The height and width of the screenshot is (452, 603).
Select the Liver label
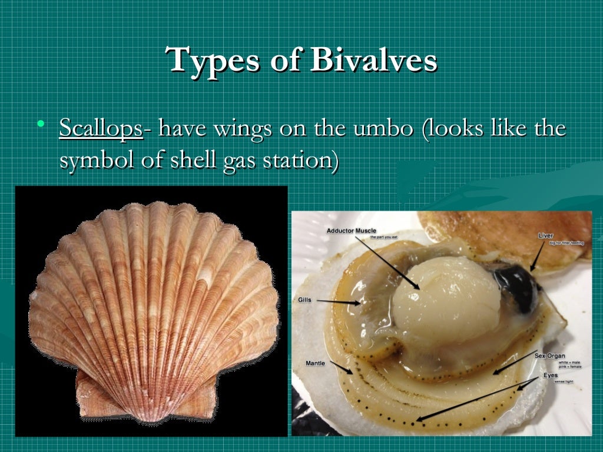545,235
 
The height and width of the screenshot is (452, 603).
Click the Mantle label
315,363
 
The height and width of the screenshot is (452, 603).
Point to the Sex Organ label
549,355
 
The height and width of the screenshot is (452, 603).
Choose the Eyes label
551,374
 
